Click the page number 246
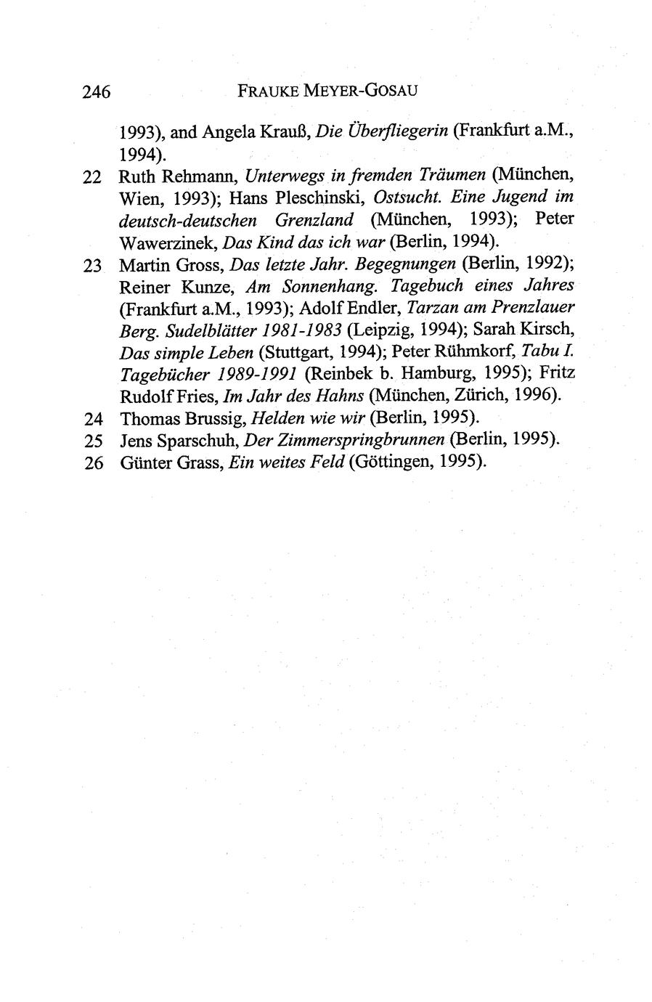[x=96, y=92]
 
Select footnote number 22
[x=91, y=176]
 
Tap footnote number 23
[x=91, y=265]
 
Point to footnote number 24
[x=91, y=419]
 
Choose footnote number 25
[x=91, y=441]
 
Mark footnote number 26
[x=91, y=463]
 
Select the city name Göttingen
[x=392, y=463]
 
